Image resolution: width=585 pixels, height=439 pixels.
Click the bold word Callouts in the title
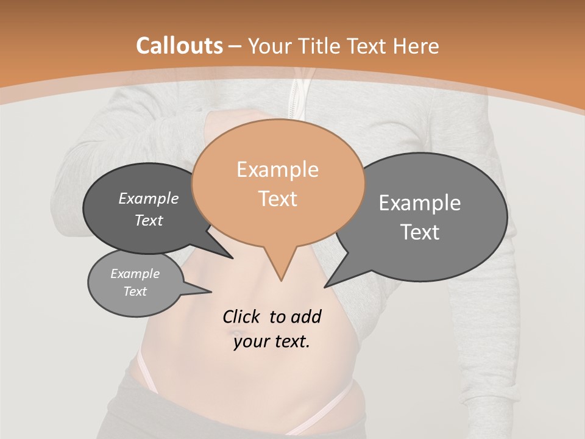click(x=179, y=46)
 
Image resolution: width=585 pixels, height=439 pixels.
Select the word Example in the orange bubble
click(x=277, y=170)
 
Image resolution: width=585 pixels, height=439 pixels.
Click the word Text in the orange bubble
click(x=277, y=198)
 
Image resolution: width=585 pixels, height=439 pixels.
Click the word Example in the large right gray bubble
click(x=419, y=203)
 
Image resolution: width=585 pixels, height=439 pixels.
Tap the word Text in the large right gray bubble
click(x=419, y=232)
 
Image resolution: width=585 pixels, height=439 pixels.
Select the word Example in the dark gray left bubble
click(x=149, y=198)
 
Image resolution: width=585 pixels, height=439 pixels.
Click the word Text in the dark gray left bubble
click(x=149, y=220)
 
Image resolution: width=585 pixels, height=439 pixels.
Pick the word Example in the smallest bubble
click(x=135, y=274)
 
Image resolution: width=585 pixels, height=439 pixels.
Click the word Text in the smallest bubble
click(x=135, y=291)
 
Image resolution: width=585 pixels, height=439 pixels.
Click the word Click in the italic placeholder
click(x=241, y=316)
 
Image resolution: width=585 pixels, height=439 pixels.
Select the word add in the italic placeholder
click(x=305, y=316)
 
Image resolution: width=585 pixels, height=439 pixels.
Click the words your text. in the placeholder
click(x=272, y=341)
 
